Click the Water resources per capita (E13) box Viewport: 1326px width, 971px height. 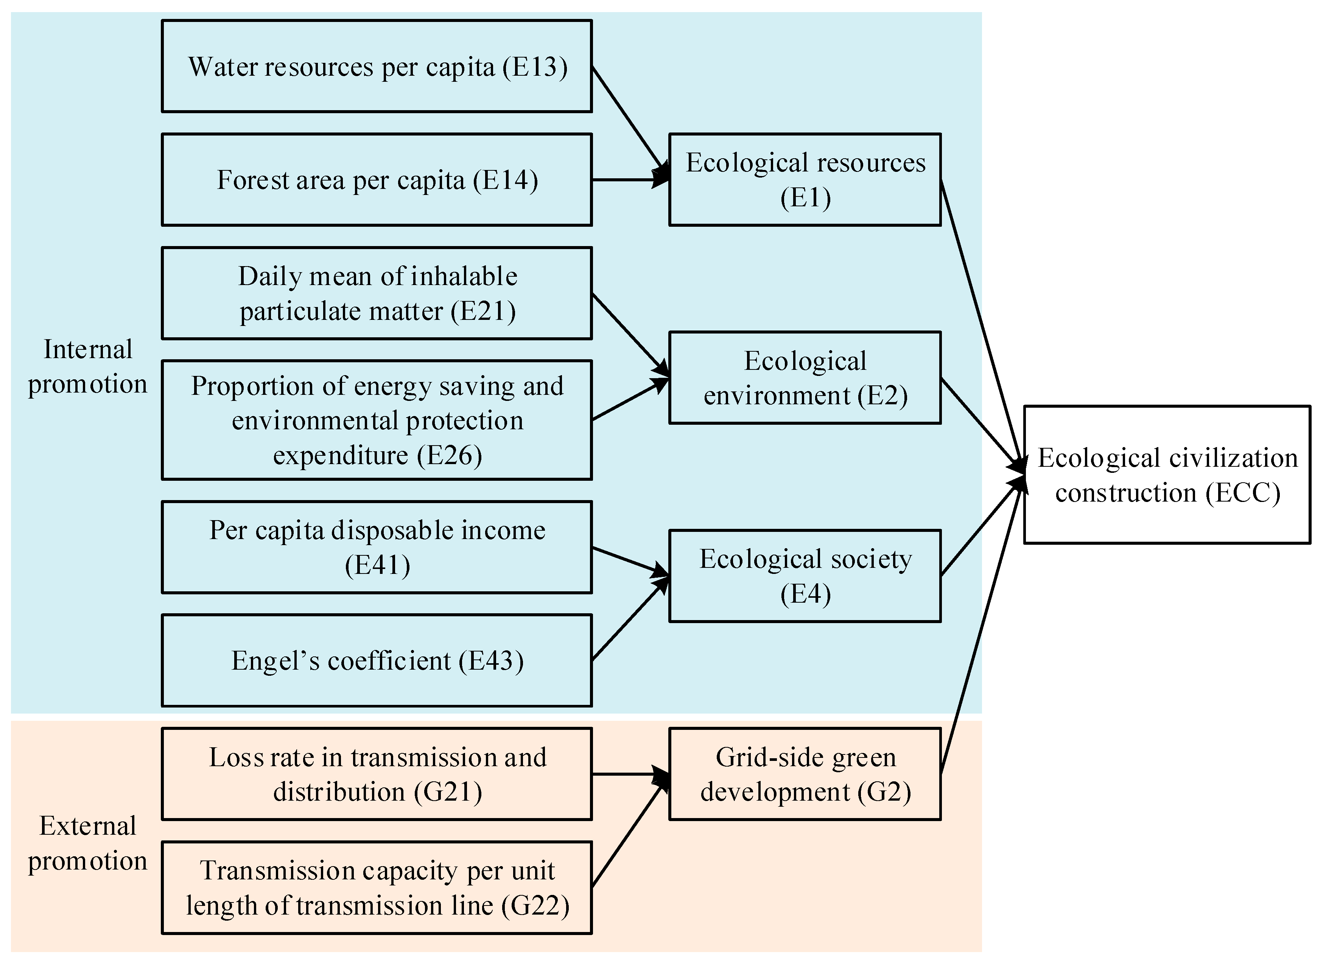click(377, 66)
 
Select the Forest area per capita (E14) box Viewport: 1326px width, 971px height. click(377, 180)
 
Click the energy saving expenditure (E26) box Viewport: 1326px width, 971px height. click(377, 420)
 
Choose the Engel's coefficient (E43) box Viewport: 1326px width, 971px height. click(377, 661)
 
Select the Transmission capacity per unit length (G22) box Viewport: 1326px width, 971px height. click(377, 888)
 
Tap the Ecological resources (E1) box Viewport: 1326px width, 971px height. click(805, 180)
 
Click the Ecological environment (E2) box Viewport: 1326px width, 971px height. click(805, 378)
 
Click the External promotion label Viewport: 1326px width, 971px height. click(87, 843)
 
